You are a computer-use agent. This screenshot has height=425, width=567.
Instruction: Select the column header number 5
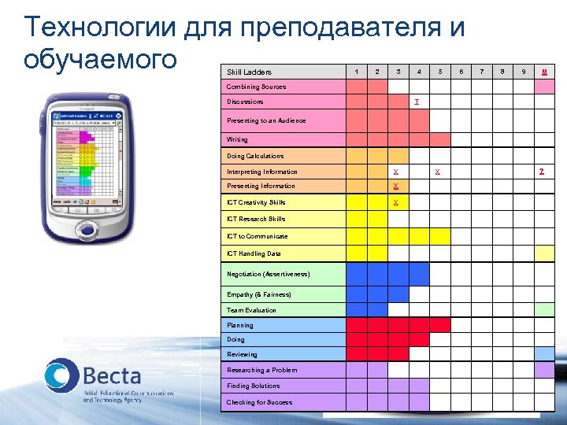click(x=440, y=72)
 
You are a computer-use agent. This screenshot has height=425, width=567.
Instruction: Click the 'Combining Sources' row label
click(x=257, y=87)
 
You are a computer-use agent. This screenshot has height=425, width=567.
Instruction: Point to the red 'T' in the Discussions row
click(x=417, y=102)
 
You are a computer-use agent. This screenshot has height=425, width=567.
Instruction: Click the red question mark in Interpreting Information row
click(x=541, y=171)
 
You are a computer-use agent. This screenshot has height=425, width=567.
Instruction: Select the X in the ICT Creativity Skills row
click(x=396, y=202)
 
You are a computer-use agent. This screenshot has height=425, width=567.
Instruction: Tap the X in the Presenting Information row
click(x=396, y=186)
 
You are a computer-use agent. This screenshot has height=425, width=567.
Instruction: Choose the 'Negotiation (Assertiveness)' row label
click(x=269, y=273)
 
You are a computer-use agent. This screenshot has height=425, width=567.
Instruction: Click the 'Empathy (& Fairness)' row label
click(x=259, y=294)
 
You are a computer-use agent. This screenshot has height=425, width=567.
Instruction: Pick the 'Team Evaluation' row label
click(x=252, y=310)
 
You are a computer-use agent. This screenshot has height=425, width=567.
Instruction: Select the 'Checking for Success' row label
click(x=260, y=402)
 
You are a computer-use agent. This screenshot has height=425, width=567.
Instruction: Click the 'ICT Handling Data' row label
click(x=254, y=253)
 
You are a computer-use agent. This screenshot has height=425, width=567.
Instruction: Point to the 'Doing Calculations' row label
click(x=256, y=156)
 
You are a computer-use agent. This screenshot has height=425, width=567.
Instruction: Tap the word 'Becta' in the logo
click(x=112, y=375)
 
